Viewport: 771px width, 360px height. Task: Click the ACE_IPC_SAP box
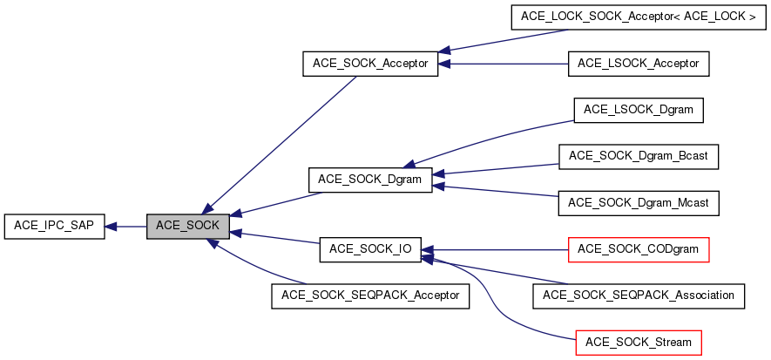click(54, 227)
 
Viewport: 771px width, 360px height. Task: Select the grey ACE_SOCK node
click(188, 227)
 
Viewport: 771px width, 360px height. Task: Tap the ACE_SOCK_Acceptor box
click(369, 64)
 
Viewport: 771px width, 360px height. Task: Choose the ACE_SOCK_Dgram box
click(370, 180)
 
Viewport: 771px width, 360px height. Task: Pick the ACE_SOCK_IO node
click(370, 249)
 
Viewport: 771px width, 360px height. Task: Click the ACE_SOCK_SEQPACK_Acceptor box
click(370, 295)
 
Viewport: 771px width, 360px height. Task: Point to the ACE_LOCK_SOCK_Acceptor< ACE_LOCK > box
click(637, 17)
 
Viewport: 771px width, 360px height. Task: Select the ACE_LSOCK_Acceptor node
click(639, 64)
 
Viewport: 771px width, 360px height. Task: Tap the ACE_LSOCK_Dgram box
click(638, 110)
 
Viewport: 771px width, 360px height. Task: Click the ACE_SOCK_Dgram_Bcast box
click(638, 156)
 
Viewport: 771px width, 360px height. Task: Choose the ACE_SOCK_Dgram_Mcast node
click(638, 203)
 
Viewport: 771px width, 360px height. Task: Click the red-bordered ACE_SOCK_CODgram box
click(639, 249)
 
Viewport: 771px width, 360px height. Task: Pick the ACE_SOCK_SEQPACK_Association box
click(639, 295)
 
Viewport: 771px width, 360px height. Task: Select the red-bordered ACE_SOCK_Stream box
click(639, 342)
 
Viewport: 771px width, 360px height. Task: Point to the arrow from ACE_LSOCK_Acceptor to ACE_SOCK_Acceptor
click(505, 64)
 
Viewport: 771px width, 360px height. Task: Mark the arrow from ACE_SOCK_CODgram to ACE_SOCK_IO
click(497, 249)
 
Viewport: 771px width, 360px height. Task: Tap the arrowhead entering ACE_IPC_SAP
click(112, 227)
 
